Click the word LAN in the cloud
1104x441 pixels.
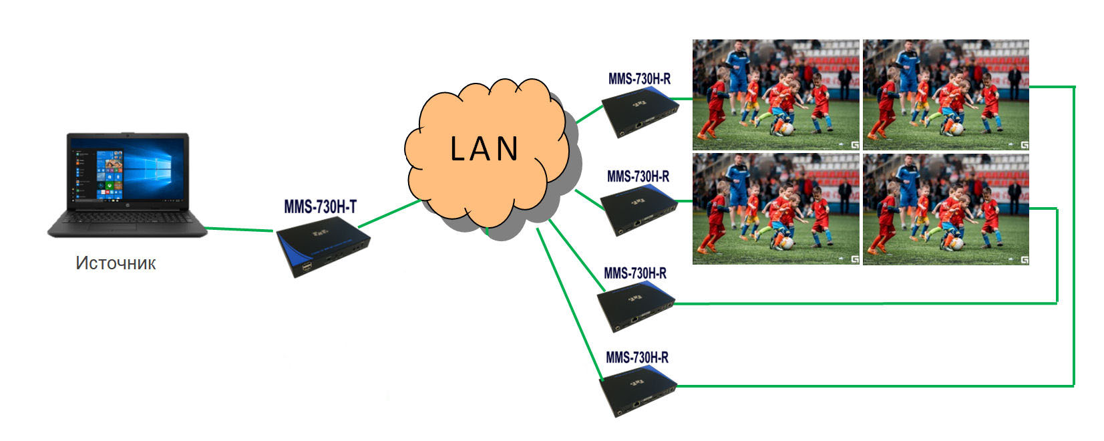pos(484,149)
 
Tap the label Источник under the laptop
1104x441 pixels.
pos(116,263)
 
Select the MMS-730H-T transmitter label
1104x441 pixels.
pos(321,206)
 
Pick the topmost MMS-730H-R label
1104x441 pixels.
pos(639,78)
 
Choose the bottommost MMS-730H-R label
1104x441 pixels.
pos(637,357)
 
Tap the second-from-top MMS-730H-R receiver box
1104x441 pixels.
pos(639,210)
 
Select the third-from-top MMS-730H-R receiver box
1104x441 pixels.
pos(636,307)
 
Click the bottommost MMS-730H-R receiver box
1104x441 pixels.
pos(638,392)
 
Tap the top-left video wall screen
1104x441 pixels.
pos(776,95)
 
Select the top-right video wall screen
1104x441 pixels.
pos(946,95)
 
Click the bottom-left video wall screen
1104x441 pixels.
pos(776,209)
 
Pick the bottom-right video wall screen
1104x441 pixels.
pos(946,209)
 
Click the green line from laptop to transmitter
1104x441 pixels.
pos(240,229)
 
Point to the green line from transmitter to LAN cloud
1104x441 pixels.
pos(389,214)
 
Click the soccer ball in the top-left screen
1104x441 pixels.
pos(787,129)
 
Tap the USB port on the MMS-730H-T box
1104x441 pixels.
pos(307,268)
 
